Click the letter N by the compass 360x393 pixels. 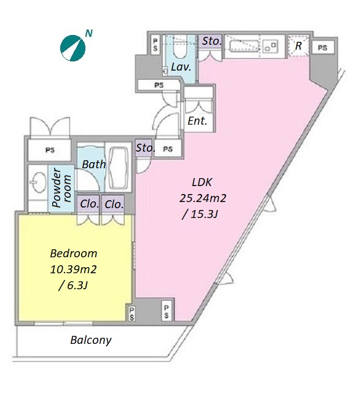pos(89,33)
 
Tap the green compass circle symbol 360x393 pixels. pos(72,48)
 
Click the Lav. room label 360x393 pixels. pos(181,67)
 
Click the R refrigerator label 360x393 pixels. pos(299,46)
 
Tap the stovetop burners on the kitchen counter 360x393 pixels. pos(270,47)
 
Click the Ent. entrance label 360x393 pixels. pos(198,121)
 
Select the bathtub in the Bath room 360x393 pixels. pos(119,166)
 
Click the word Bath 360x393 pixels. pos(94,165)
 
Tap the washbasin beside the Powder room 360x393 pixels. pos(38,182)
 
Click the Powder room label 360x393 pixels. pos(62,188)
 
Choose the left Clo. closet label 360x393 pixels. pos(89,204)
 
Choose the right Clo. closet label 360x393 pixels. pos(114,204)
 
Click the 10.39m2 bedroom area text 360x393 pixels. pos(74,270)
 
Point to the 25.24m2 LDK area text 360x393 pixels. pos(203,198)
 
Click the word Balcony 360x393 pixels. pos(91,340)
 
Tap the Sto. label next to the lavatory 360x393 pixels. pos(212,41)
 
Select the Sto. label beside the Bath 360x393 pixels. pos(146,148)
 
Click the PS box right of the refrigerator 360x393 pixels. pos(323,48)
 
